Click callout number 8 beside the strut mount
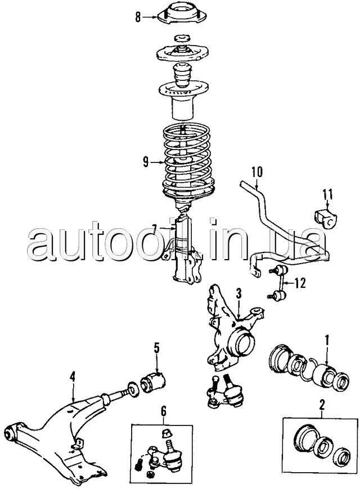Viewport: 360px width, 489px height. tap(138, 17)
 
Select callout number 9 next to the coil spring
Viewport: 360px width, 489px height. tap(146, 162)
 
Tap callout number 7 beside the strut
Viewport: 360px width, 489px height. tap(154, 228)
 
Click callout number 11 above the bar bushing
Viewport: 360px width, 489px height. tap(328, 195)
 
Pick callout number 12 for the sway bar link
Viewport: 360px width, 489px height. tap(301, 283)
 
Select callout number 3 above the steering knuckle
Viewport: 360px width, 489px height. tap(238, 293)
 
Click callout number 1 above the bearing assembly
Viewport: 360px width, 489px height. tap(327, 339)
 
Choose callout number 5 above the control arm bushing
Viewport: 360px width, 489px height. tap(157, 346)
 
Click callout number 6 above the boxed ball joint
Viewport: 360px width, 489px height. tap(164, 411)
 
